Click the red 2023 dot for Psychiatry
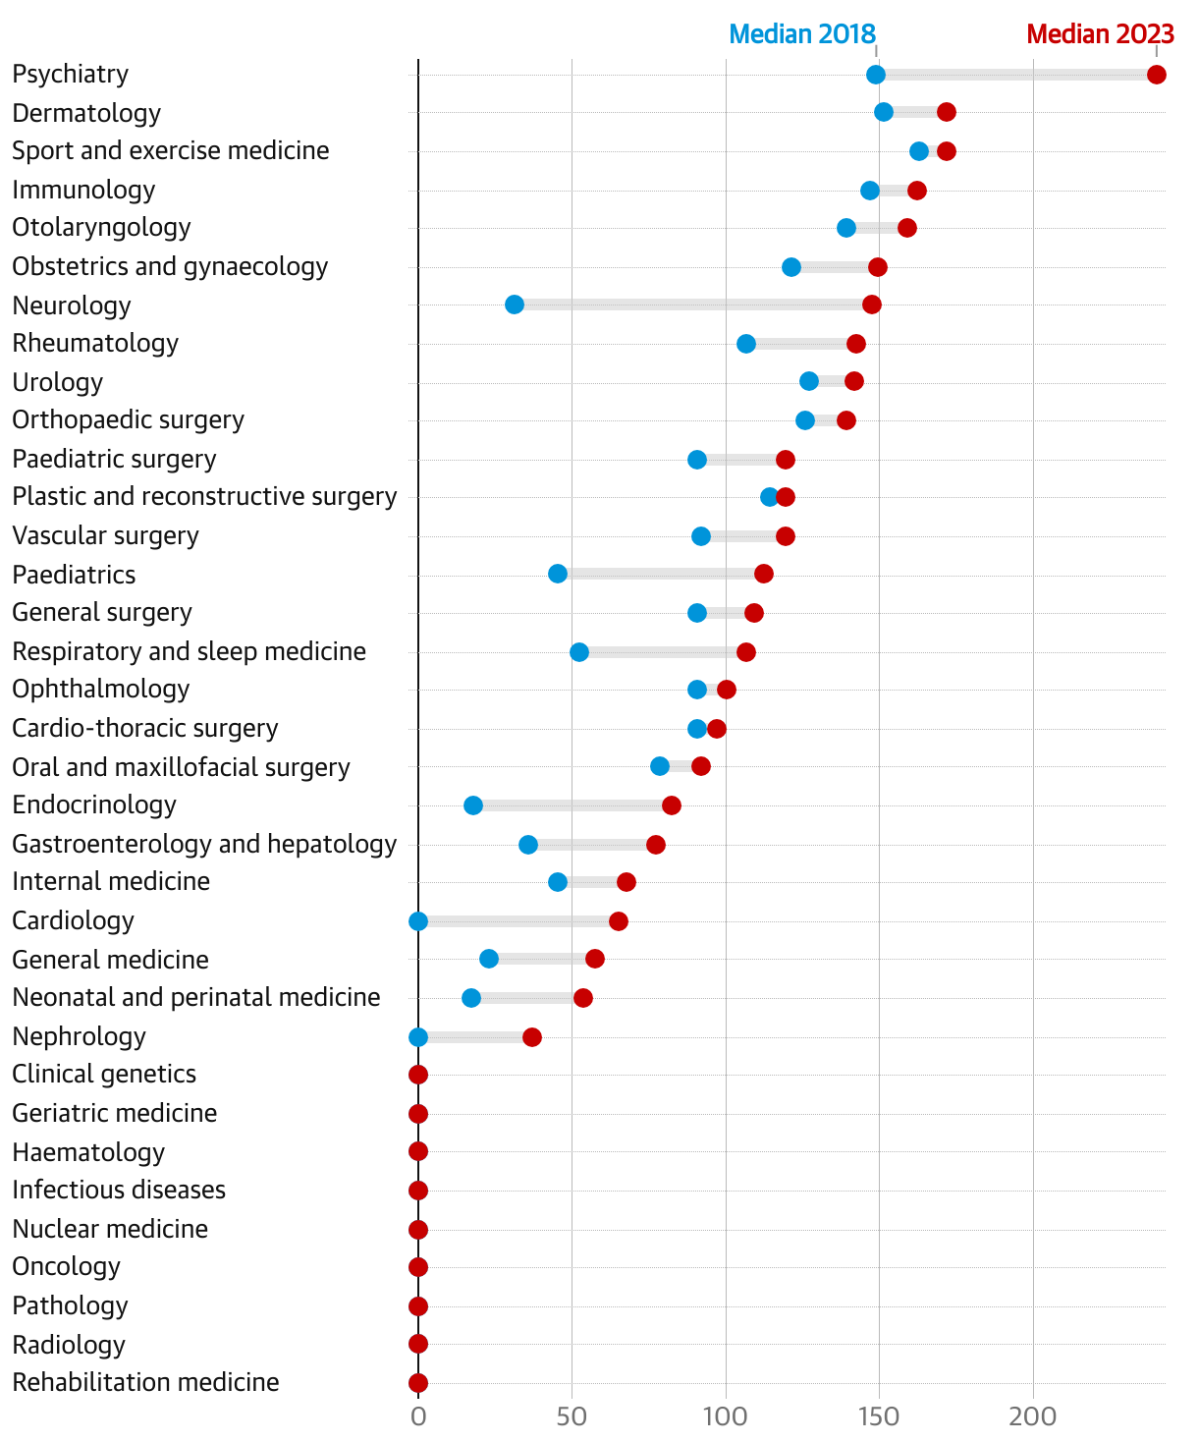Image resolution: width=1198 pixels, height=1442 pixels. (x=1157, y=75)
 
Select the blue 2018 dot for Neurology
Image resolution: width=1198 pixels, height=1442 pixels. (x=515, y=305)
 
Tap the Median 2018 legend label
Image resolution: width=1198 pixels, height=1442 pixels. (x=801, y=34)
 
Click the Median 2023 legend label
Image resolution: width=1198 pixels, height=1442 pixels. (x=1100, y=34)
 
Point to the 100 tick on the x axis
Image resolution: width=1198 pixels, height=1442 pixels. (x=726, y=1416)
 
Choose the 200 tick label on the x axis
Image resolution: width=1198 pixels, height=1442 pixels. (x=1033, y=1416)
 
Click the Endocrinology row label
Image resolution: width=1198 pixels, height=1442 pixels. (x=94, y=805)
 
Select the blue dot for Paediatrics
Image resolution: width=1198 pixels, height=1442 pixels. (x=558, y=574)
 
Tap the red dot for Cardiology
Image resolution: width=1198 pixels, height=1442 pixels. (x=619, y=921)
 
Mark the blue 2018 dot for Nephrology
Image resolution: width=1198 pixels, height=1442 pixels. (x=418, y=1037)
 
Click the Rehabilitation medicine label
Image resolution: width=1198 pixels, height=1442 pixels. (x=145, y=1383)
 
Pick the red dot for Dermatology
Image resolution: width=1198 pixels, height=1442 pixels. (x=947, y=112)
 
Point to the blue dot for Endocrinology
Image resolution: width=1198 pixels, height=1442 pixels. (x=473, y=805)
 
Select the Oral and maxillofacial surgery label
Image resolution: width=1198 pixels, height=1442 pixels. (x=181, y=767)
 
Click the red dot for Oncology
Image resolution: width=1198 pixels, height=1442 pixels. (x=418, y=1267)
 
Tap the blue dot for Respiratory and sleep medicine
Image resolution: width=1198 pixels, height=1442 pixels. (x=579, y=652)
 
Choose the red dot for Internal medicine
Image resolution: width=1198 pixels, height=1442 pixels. (x=626, y=882)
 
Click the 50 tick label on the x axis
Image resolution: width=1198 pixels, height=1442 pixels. (x=572, y=1416)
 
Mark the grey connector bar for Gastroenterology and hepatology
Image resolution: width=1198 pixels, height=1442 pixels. (x=592, y=845)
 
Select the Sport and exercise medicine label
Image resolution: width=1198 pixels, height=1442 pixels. (x=171, y=151)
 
